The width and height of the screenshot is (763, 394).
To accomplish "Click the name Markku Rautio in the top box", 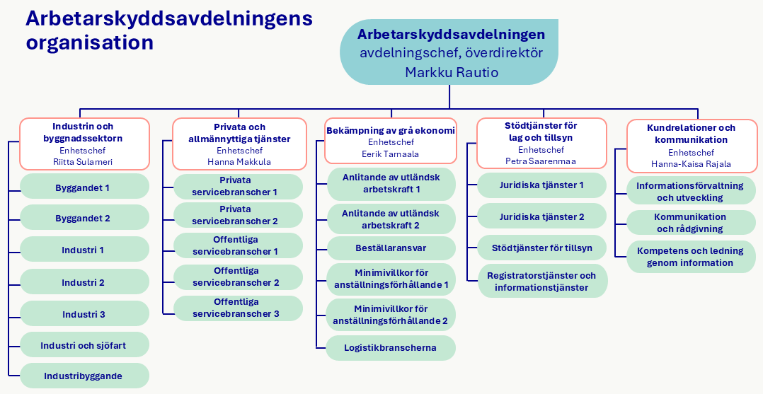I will pyautogui.click(x=452, y=72).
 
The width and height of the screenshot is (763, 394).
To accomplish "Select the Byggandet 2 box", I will pyautogui.click(x=84, y=219).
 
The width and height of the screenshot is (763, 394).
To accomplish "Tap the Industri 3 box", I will pyautogui.click(x=84, y=314).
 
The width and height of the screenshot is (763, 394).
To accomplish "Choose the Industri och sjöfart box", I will pyautogui.click(x=84, y=345).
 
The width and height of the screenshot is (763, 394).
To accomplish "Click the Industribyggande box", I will pyautogui.click(x=84, y=376).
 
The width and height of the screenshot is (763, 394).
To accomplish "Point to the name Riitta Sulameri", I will pyautogui.click(x=84, y=161).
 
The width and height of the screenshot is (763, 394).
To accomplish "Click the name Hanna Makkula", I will pyautogui.click(x=239, y=161).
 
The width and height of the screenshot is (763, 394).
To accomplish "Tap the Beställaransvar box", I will pyautogui.click(x=391, y=248).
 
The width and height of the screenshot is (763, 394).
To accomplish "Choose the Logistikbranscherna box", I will pyautogui.click(x=391, y=347).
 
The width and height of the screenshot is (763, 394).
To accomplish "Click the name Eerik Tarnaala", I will pyautogui.click(x=390, y=153).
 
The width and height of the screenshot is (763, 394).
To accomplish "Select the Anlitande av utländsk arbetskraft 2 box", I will pyautogui.click(x=391, y=219).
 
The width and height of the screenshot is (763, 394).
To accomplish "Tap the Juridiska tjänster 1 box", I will pyautogui.click(x=542, y=185).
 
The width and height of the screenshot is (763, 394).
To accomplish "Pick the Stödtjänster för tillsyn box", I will pyautogui.click(x=542, y=248).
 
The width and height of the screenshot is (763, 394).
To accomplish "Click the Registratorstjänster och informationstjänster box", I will pyautogui.click(x=542, y=282).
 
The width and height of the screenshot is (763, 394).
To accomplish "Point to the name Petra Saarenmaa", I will pyautogui.click(x=541, y=161).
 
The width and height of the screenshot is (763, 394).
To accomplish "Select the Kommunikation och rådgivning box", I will pyautogui.click(x=691, y=223).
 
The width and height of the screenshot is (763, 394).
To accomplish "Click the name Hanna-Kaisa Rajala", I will pyautogui.click(x=691, y=163).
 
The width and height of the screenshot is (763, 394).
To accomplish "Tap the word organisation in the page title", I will pyautogui.click(x=90, y=42).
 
